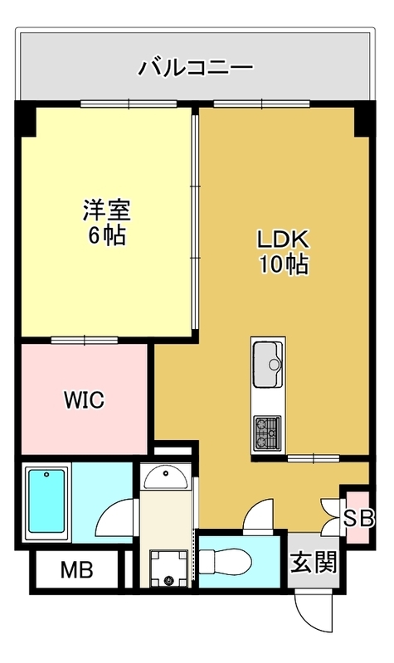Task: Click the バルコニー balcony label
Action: pos(196,68)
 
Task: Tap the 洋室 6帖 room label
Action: pos(107,222)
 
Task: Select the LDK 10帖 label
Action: pos(284,252)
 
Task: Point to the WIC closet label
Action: pos(85,399)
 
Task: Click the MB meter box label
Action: pos(76,569)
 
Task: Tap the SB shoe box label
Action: pos(358,518)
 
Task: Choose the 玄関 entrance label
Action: pos(314,563)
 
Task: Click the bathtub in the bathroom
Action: pos(46,503)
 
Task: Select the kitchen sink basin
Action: pos(268,364)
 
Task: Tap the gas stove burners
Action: pos(267,433)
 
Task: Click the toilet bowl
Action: pos(225,562)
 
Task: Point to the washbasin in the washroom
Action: pos(165,477)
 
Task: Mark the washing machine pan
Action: pos(169,569)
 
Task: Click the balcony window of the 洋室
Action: pos(129,104)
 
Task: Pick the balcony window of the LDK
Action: pos(261,104)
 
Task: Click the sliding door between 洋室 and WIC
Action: pos(85,340)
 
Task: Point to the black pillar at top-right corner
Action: pos(364,119)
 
